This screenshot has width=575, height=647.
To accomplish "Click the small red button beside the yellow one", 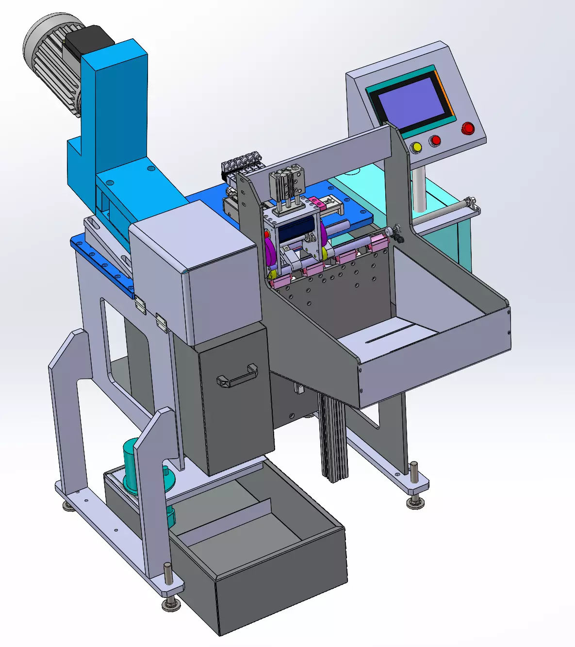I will click(x=435, y=141).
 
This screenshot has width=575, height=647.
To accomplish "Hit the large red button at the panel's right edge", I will click(x=468, y=128).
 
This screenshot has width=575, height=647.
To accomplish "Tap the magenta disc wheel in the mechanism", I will click(x=269, y=252).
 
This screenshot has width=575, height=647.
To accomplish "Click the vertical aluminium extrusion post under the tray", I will click(x=333, y=437).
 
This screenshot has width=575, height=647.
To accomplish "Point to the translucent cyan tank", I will click(x=451, y=228).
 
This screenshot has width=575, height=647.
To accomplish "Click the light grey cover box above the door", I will click(x=194, y=272).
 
